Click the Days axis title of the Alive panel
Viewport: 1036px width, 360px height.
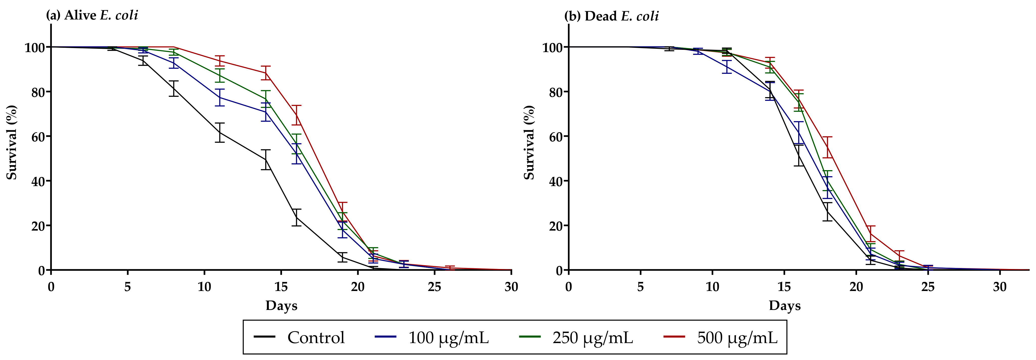[x=281, y=305]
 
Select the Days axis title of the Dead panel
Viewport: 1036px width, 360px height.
[x=785, y=305]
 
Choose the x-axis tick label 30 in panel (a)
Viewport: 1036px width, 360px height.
[x=511, y=287]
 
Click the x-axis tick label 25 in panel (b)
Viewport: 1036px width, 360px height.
[x=928, y=287]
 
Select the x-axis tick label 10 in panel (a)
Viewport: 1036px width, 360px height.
[x=204, y=287]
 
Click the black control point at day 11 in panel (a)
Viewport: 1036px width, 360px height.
[x=220, y=132]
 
